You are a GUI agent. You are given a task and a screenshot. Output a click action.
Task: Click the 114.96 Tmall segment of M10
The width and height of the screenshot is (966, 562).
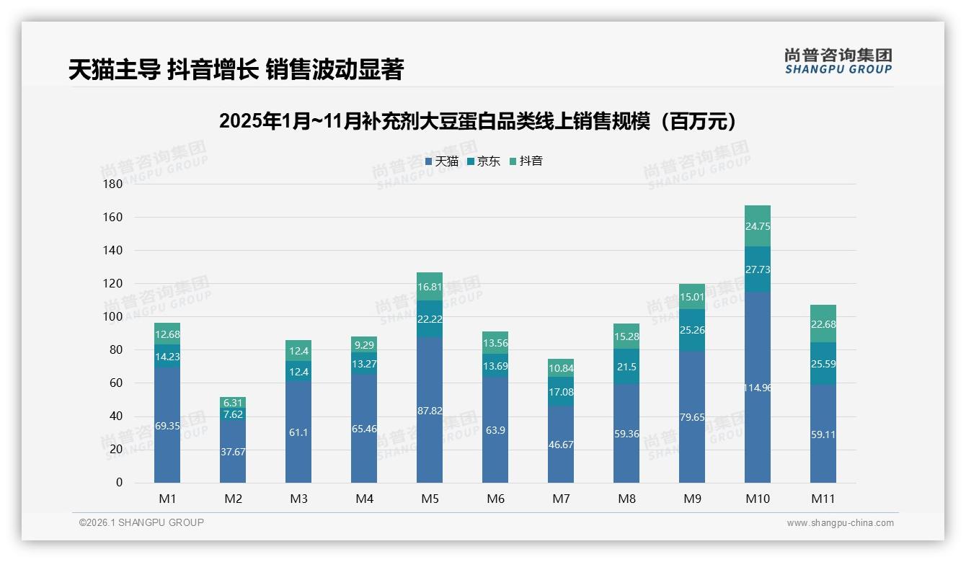pos(757,387)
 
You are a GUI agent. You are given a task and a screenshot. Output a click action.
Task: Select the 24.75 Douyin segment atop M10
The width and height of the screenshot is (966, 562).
pos(757,226)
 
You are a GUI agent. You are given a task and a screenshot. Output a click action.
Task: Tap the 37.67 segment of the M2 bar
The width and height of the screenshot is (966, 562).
pos(233,451)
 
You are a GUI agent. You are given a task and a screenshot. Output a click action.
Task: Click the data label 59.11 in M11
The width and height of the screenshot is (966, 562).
pos(823,434)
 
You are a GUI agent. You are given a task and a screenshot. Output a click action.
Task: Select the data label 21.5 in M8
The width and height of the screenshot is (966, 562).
pos(626,367)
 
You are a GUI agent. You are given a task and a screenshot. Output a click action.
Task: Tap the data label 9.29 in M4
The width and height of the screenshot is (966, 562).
pos(364,345)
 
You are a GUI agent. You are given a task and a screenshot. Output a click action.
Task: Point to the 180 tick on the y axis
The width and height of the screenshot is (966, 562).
pos(113,184)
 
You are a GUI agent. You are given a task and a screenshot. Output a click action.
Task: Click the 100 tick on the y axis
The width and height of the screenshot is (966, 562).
pos(113,316)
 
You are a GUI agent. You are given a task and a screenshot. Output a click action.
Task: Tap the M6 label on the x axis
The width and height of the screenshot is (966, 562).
pos(495,499)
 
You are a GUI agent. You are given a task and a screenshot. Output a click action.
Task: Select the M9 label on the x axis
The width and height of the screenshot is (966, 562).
pos(692,499)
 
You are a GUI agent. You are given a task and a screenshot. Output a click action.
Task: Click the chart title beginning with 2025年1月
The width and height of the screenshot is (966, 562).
pos(482,121)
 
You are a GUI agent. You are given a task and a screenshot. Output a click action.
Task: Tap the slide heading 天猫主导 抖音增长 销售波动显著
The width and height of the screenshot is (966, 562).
pos(236,69)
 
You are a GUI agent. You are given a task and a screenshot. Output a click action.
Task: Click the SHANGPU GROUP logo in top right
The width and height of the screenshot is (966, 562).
pos(838,61)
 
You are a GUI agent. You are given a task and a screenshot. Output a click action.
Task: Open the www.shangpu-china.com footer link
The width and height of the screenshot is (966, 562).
pos(840,523)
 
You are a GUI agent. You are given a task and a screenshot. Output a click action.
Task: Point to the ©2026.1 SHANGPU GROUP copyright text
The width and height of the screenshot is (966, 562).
pos(141,522)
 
